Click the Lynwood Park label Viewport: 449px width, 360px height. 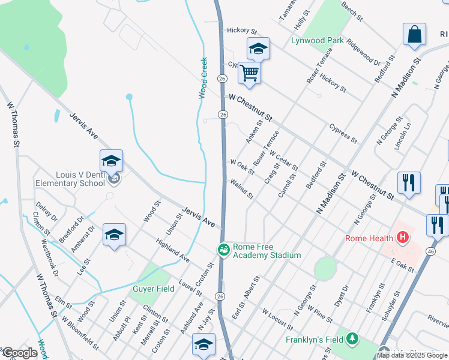[x=317, y=41]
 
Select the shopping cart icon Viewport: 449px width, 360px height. [x=249, y=73]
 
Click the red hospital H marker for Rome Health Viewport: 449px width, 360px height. [x=402, y=238]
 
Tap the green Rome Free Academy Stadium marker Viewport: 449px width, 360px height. [x=223, y=248]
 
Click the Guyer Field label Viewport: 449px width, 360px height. [x=153, y=289]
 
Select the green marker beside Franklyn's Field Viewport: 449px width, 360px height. [x=354, y=339]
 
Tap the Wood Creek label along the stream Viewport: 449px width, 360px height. [x=203, y=78]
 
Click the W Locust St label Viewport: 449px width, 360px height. [x=277, y=320]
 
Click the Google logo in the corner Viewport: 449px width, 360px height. [x=19, y=353]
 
